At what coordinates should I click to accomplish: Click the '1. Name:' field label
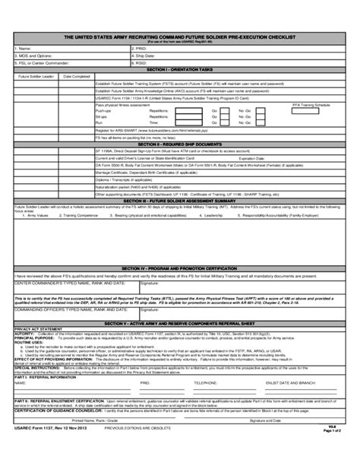coord(22,46)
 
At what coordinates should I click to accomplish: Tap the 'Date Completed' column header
coord(77,77)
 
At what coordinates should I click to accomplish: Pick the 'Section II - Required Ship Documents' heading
coord(179,142)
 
